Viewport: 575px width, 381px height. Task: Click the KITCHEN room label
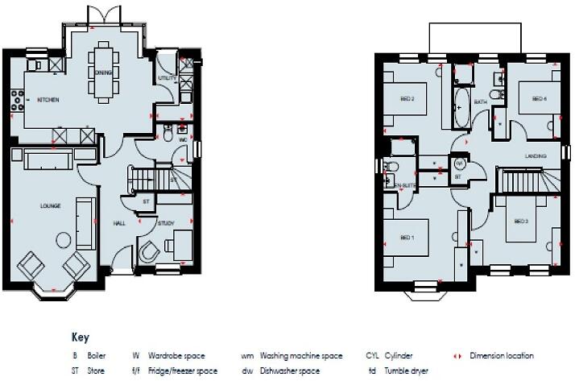point(48,99)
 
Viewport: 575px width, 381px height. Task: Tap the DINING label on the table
point(103,72)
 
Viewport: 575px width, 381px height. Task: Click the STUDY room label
point(166,223)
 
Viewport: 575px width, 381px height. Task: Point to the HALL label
point(119,223)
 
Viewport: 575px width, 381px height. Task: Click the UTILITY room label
point(167,78)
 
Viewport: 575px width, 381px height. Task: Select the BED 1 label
point(407,237)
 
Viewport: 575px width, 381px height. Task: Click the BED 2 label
point(407,99)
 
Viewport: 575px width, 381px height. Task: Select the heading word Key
point(81,338)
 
